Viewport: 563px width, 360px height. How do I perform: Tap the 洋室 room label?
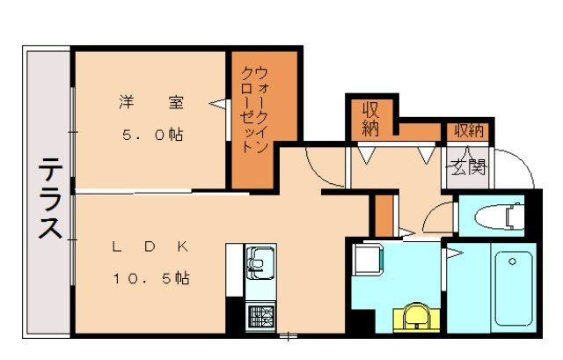click(153, 103)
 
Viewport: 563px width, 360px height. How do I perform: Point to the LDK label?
click(150, 247)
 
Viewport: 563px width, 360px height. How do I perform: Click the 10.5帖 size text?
click(150, 278)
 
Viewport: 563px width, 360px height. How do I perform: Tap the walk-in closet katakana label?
click(255, 110)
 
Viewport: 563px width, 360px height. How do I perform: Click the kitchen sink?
click(261, 261)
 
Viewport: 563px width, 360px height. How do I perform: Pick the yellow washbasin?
click(416, 317)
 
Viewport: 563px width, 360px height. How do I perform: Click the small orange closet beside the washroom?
click(383, 215)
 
